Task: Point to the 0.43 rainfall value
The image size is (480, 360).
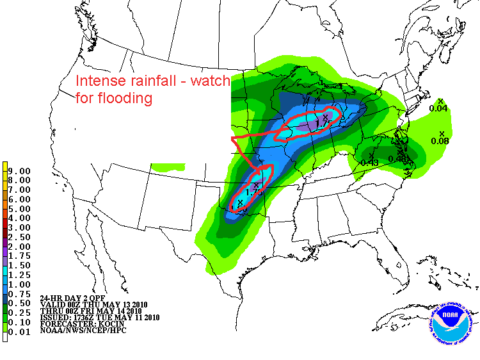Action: (370, 163)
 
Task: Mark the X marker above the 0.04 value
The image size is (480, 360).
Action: (441, 101)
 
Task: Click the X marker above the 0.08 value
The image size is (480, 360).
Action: (442, 133)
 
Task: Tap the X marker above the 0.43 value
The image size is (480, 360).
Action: (372, 155)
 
